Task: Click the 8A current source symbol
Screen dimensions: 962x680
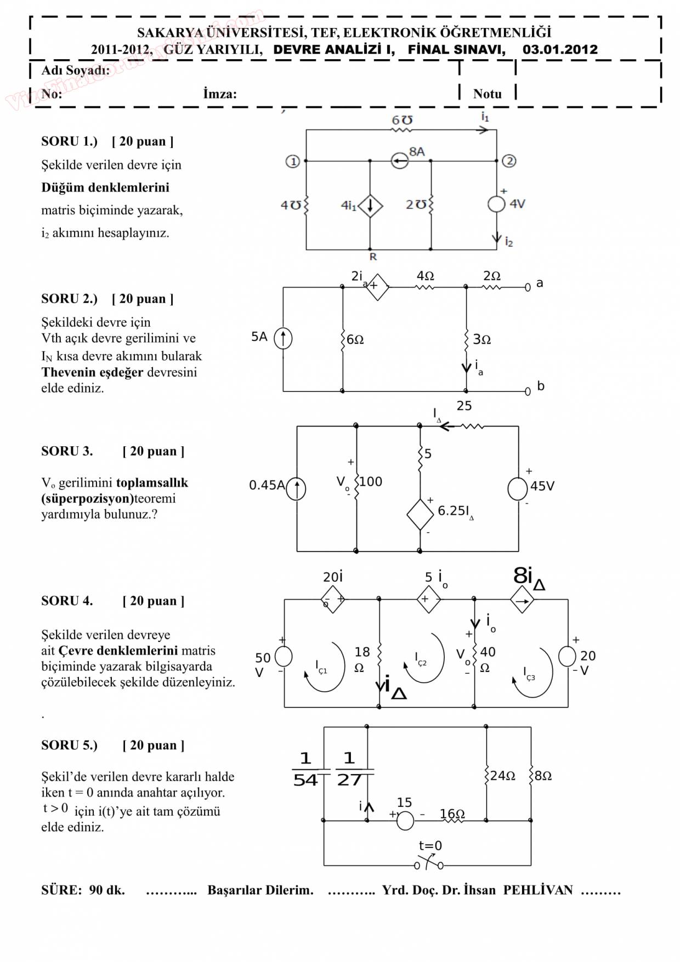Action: [x=400, y=161]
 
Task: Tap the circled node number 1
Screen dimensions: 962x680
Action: [x=293, y=161]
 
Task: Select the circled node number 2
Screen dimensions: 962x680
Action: [x=509, y=161]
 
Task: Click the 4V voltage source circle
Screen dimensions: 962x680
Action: [x=496, y=204]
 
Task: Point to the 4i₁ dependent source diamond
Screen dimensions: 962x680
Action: [x=370, y=206]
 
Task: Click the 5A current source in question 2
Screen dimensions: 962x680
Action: [x=283, y=338]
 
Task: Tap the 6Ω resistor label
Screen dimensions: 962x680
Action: [x=355, y=339]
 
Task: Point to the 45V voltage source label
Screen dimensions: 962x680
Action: [x=542, y=486]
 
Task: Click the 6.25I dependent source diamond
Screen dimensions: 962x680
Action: [x=420, y=514]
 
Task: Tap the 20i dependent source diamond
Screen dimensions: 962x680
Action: [x=333, y=599]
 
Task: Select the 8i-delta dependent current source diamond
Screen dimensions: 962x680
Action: [x=522, y=600]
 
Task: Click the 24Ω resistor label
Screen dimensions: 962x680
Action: [x=502, y=776]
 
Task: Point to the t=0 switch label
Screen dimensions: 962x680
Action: [x=430, y=846]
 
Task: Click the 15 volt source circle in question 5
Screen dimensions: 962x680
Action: [x=405, y=821]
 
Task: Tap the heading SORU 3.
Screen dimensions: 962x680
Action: [x=67, y=451]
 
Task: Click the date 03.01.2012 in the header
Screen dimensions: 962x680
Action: [x=560, y=49]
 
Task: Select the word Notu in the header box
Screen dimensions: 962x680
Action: [x=487, y=94]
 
